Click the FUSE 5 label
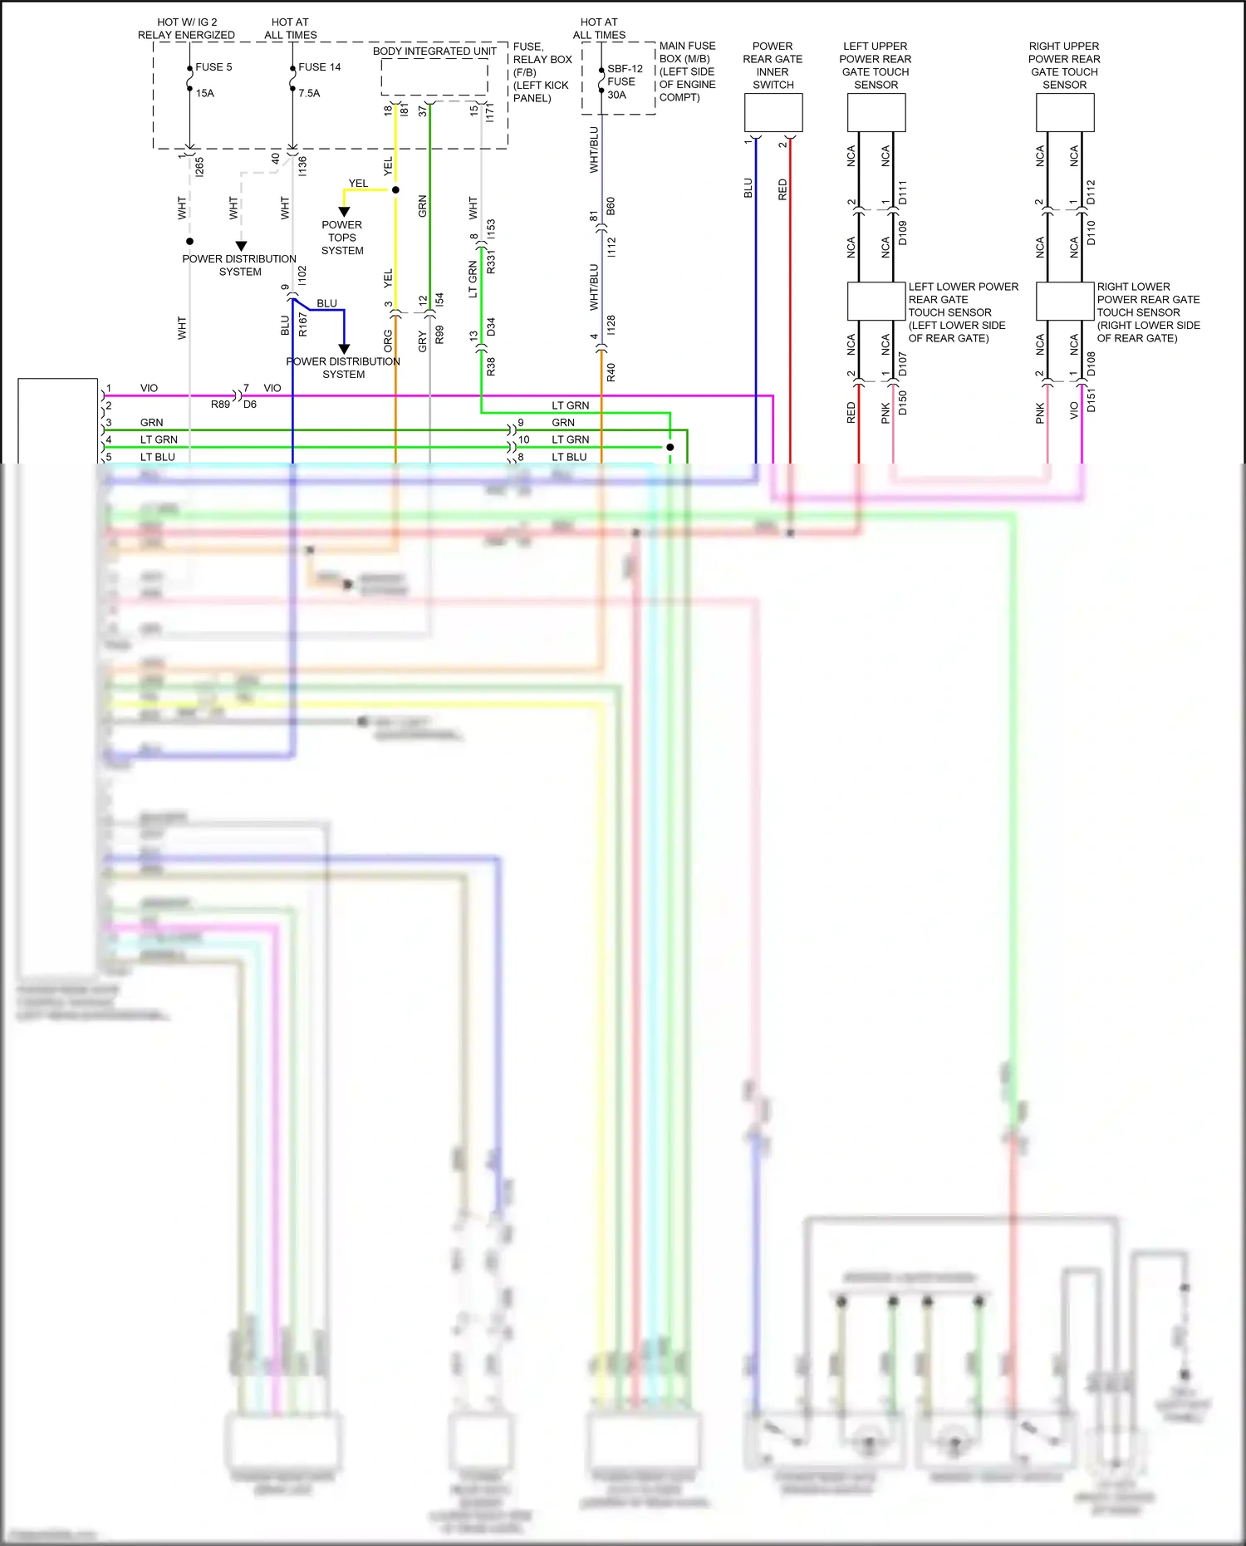(x=213, y=67)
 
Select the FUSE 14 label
(x=319, y=67)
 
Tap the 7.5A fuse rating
(x=309, y=93)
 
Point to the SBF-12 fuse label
(x=625, y=69)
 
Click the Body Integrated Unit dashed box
(x=434, y=77)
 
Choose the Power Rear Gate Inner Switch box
(x=773, y=113)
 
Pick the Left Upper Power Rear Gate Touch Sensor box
(x=876, y=113)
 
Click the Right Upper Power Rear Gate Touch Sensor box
(x=1065, y=113)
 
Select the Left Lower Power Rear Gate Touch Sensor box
(x=876, y=301)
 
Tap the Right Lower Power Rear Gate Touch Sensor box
(x=1065, y=301)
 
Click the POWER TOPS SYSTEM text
(x=342, y=238)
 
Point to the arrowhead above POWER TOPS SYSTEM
(x=344, y=212)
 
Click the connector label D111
(x=903, y=193)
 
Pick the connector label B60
(x=611, y=206)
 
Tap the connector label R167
(x=302, y=324)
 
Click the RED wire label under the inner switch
(x=782, y=189)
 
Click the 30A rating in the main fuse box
(x=616, y=95)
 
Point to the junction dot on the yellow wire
(x=395, y=190)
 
